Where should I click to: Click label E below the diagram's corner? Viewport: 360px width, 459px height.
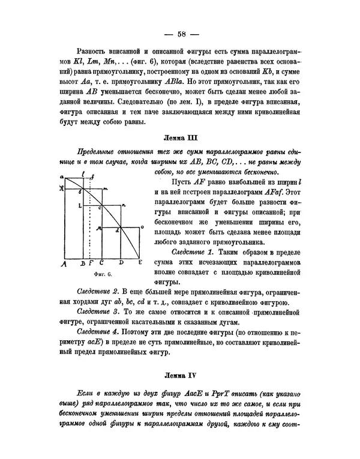tap(140, 262)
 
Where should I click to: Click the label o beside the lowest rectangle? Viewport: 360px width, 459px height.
tap(142, 227)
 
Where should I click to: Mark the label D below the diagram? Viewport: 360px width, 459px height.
tap(121, 262)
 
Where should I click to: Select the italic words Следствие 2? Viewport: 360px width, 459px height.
tap(98, 290)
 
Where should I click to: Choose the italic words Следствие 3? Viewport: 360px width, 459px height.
tap(98, 311)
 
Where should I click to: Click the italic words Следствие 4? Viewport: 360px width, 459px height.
tap(98, 332)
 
